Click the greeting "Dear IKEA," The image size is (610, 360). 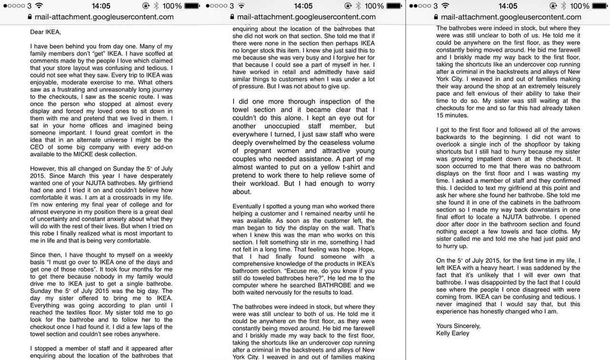46,32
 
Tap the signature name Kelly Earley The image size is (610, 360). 453,333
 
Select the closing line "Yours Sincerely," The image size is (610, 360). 458,326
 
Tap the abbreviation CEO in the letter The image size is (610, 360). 37,147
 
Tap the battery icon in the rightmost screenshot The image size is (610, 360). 600,6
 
